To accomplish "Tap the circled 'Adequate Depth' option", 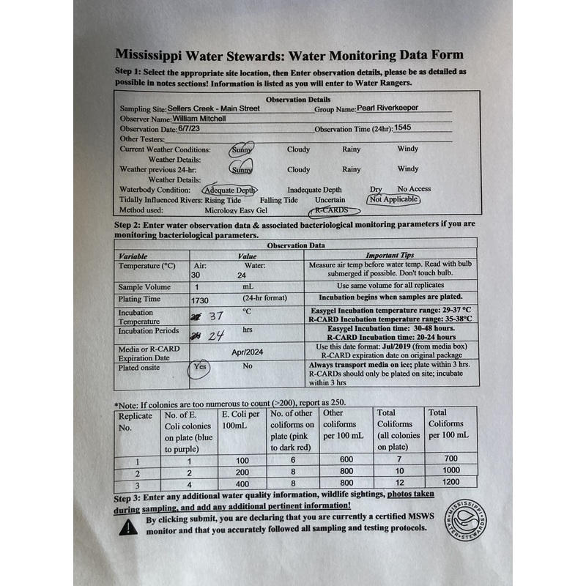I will [x=231, y=189].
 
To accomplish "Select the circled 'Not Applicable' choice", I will [x=394, y=199].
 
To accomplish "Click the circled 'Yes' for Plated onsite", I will [x=199, y=366].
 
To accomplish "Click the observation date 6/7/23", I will [x=178, y=128].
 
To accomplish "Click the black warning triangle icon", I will [x=128, y=526].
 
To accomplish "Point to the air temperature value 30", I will [x=196, y=275].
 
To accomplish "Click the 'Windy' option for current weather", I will [x=408, y=149].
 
